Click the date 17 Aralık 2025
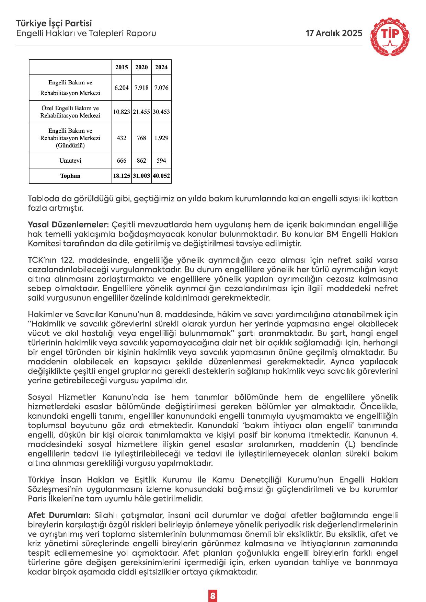[334, 33]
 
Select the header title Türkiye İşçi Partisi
[54, 23]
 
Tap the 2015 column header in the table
[122, 67]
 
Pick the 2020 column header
[141, 67]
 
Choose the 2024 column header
[161, 67]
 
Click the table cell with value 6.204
[122, 88]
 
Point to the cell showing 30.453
[161, 112]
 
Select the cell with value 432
[122, 138]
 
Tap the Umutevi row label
[70, 161]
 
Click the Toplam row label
[70, 176]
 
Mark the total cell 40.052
[161, 176]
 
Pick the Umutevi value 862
[141, 161]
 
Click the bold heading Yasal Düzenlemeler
[68, 225]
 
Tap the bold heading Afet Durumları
[59, 515]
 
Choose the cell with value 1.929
[161, 138]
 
